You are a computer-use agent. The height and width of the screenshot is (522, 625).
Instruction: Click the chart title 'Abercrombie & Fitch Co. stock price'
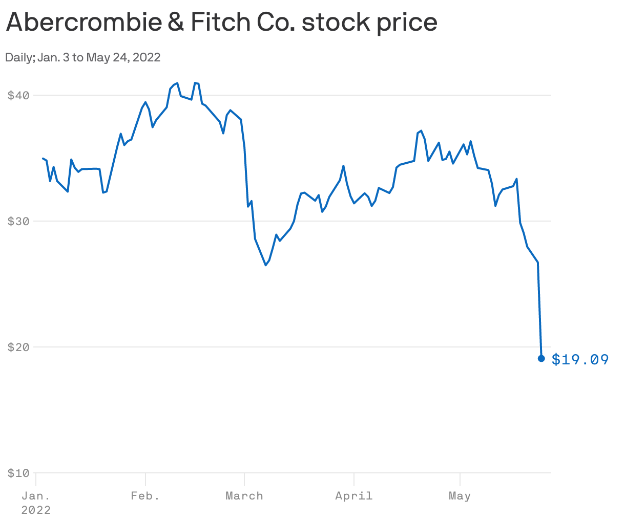click(x=221, y=23)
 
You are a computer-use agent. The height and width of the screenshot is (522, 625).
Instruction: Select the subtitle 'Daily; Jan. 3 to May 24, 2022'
click(x=83, y=57)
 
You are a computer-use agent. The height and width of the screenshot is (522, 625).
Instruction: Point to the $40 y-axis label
click(x=18, y=95)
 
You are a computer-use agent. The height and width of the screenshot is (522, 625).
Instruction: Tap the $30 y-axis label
click(x=18, y=221)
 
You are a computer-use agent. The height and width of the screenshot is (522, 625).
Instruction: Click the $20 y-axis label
click(x=18, y=347)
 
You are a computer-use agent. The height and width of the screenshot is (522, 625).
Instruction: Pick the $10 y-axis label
click(x=18, y=473)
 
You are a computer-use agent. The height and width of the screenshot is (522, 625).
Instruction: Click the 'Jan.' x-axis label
click(x=36, y=496)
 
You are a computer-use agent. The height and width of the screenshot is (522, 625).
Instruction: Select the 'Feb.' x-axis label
click(x=145, y=496)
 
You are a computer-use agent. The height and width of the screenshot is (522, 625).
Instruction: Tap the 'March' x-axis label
click(x=244, y=496)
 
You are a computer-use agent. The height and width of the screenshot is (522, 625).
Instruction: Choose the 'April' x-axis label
click(x=353, y=496)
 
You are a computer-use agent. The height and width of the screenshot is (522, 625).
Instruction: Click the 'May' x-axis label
click(x=460, y=496)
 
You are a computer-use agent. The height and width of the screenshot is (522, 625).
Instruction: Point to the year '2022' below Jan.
click(x=36, y=510)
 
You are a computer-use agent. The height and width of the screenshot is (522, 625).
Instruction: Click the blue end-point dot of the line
click(x=541, y=358)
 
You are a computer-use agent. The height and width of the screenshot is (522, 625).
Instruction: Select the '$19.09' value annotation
click(x=580, y=360)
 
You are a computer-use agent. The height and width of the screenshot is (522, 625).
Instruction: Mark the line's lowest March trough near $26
click(x=266, y=265)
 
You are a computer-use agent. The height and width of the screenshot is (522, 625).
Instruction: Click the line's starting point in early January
click(x=43, y=159)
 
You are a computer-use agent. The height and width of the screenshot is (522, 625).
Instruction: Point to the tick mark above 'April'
click(x=354, y=479)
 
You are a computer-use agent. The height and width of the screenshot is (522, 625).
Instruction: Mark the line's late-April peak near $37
click(x=421, y=130)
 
